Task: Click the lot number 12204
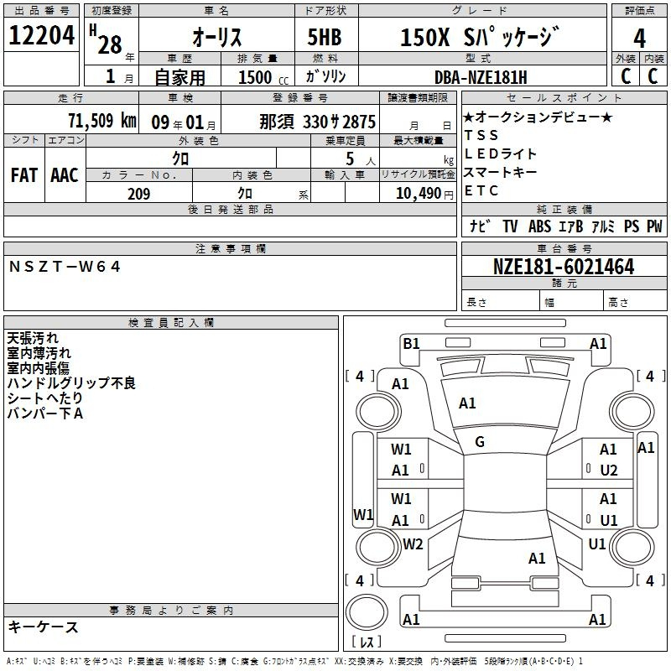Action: pyautogui.click(x=41, y=35)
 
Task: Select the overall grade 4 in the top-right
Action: pyautogui.click(x=639, y=39)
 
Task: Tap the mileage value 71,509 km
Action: pyautogui.click(x=102, y=121)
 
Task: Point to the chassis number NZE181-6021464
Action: pyautogui.click(x=564, y=267)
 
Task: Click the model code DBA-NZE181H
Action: pyautogui.click(x=481, y=77)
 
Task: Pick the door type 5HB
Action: pyautogui.click(x=325, y=37)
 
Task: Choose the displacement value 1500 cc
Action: pyautogui.click(x=263, y=77)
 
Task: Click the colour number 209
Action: pyautogui.click(x=139, y=194)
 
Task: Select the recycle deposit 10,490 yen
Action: pyautogui.click(x=424, y=194)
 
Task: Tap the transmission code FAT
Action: pyautogui.click(x=24, y=175)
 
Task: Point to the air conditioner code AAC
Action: pyautogui.click(x=65, y=175)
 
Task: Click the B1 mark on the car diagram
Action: pyautogui.click(x=411, y=343)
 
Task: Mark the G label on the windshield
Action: pyautogui.click(x=480, y=442)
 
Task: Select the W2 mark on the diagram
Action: pyautogui.click(x=413, y=544)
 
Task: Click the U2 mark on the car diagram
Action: pyautogui.click(x=609, y=471)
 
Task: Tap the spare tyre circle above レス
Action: pyautogui.click(x=367, y=612)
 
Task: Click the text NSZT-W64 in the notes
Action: pyautogui.click(x=65, y=267)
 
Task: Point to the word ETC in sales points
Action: pyautogui.click(x=481, y=191)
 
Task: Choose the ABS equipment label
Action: pyautogui.click(x=539, y=226)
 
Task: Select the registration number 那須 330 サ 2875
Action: pyautogui.click(x=318, y=122)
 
